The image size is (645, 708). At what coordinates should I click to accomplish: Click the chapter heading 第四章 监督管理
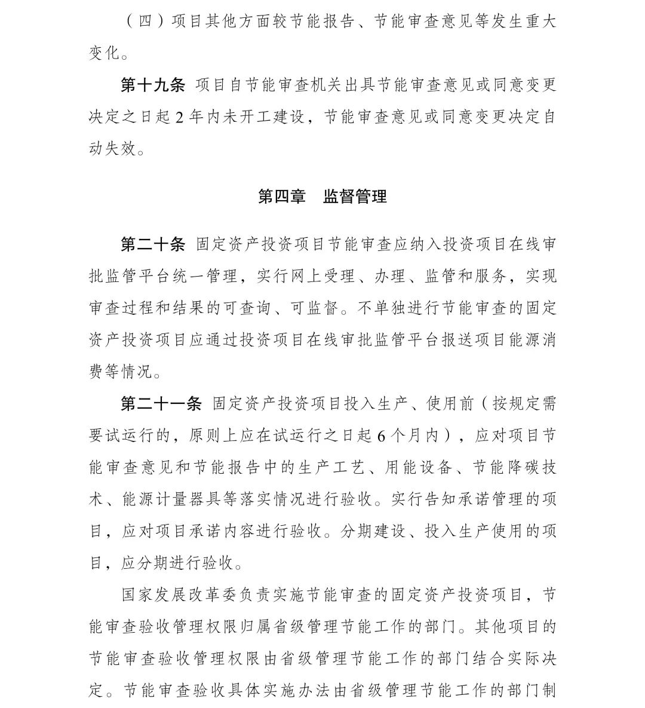[x=322, y=197]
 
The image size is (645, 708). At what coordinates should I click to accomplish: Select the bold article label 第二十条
[x=153, y=244]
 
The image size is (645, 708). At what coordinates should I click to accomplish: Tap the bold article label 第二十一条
[x=161, y=404]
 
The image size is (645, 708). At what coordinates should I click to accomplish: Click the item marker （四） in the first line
[x=138, y=22]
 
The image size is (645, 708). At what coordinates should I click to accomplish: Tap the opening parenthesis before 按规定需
[x=484, y=404]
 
